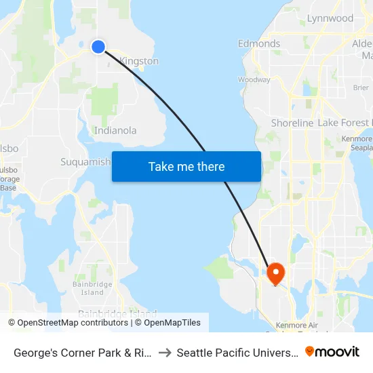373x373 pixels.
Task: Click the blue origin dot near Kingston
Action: [98, 46]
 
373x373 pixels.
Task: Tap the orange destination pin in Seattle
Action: [276, 273]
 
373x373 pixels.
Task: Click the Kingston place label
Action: [139, 61]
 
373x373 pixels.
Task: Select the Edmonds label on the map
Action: [259, 43]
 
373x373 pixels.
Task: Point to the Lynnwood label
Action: [330, 18]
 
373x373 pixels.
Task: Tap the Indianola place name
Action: [115, 130]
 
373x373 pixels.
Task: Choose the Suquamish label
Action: [85, 162]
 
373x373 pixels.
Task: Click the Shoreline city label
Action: [292, 123]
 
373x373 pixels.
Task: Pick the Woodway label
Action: [254, 79]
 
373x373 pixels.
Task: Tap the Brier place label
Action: [361, 87]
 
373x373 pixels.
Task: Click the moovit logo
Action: [332, 352]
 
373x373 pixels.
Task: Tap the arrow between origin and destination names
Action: [165, 353]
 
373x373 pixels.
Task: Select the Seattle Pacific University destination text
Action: [237, 353]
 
